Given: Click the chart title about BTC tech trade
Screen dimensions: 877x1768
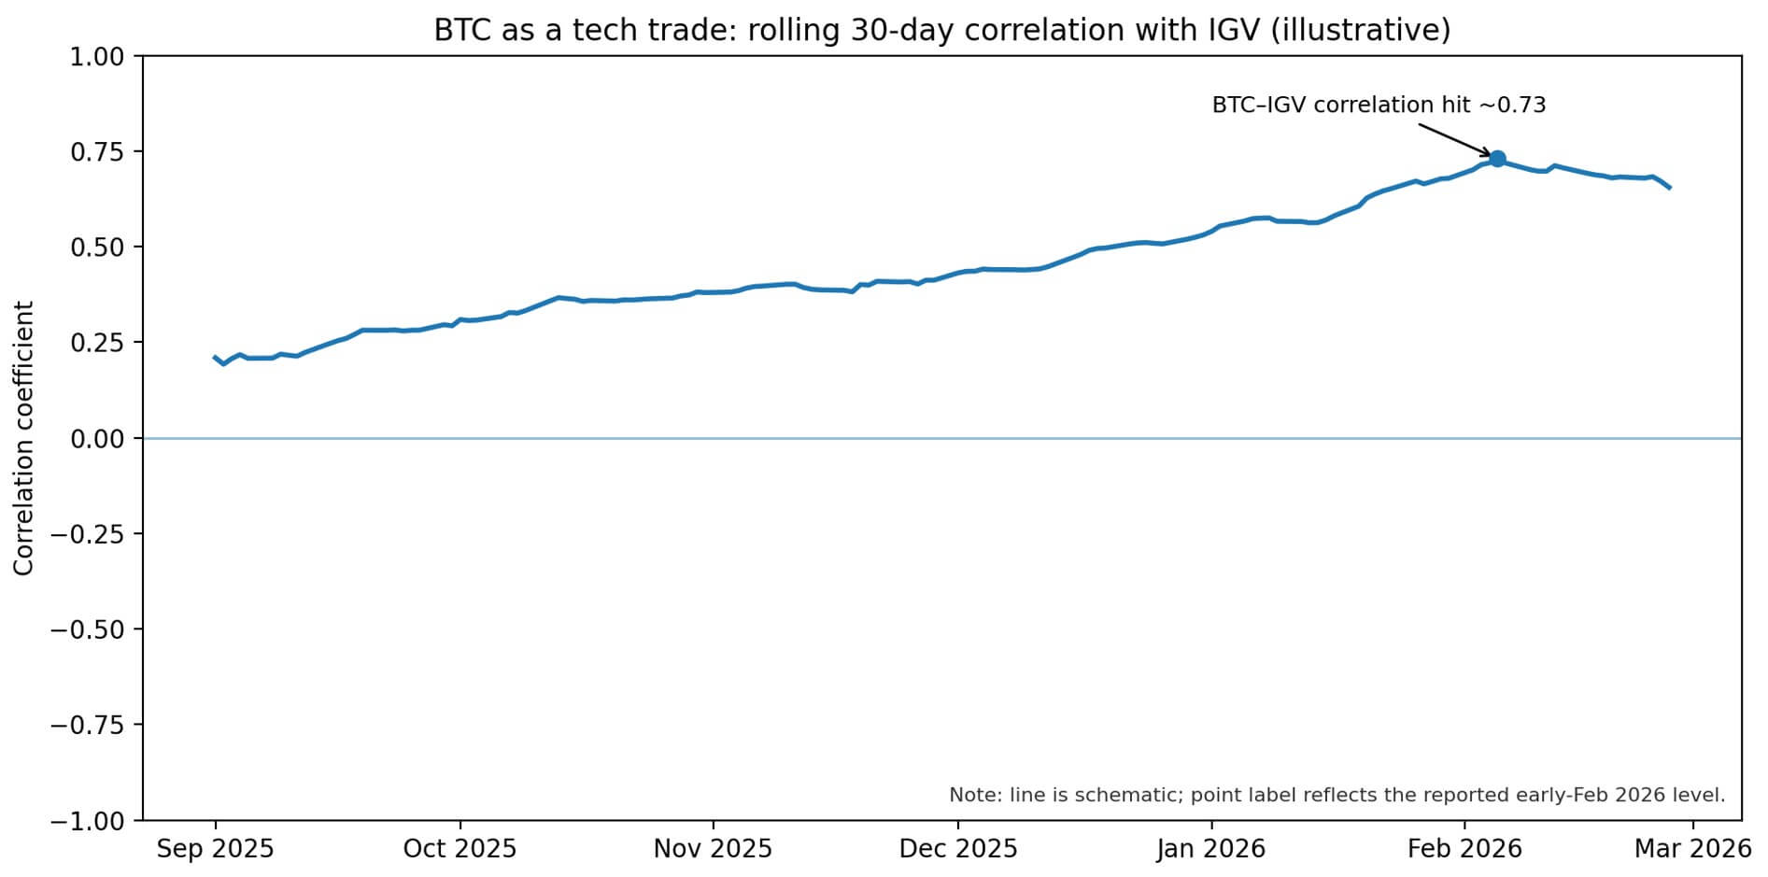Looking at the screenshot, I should pos(941,30).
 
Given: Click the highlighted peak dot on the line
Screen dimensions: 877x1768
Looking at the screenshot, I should pos(1497,159).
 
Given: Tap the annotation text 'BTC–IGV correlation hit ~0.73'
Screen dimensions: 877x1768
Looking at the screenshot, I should pos(1379,105).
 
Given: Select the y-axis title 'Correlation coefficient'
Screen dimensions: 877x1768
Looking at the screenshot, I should pos(24,437).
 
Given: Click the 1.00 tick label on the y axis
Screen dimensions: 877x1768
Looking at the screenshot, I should pos(97,57).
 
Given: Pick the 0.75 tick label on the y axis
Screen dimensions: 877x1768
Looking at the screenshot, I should pos(97,152).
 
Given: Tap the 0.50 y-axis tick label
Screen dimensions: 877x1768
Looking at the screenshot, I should pos(97,248).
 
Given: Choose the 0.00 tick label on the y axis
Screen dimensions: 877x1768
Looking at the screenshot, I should pos(97,438).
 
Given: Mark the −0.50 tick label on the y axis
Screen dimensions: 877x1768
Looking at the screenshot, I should pos(88,629).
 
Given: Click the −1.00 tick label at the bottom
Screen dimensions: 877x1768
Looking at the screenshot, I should pos(88,820).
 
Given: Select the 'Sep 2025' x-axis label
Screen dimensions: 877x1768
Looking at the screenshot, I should pos(215,848).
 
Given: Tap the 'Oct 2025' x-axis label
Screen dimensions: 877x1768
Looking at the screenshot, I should pos(460,848).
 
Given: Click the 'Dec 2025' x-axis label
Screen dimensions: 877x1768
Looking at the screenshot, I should pos(958,848).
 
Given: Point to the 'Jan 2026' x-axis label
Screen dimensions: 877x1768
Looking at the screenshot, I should pos(1211,848).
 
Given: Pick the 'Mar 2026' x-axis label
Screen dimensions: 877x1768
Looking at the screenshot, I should pos(1692,848).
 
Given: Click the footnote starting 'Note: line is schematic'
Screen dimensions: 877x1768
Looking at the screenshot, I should pos(1337,795).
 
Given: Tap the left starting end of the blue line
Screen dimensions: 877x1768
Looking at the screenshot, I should pos(215,357).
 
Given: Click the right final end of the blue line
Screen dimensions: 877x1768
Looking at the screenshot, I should pos(1669,188).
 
